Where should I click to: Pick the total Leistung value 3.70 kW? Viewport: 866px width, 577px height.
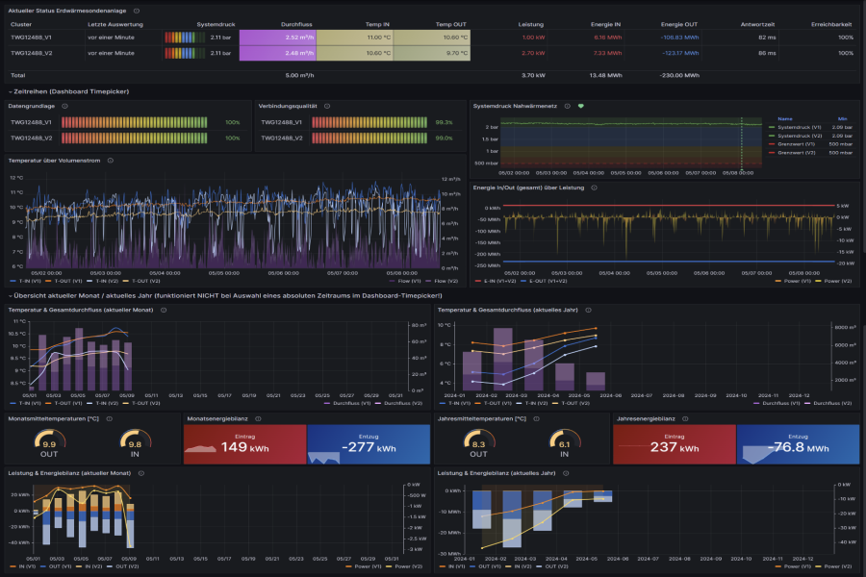(x=533, y=74)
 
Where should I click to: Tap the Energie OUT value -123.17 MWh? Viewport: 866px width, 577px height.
(x=679, y=53)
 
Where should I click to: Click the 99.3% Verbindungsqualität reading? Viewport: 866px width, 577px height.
(x=444, y=122)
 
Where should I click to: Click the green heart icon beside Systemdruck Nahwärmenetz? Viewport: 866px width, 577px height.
(x=581, y=106)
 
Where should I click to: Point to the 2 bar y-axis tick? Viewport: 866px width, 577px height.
(x=492, y=126)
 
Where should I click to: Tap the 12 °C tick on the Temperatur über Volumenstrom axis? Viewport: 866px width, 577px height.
(x=15, y=178)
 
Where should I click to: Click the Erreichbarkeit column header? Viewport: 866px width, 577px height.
(x=832, y=23)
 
